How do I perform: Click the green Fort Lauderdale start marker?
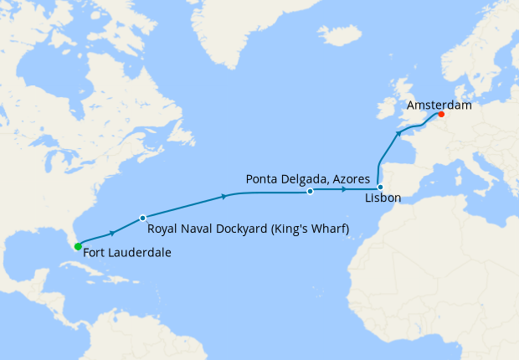click(x=77, y=246)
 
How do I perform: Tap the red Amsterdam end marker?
click(x=441, y=115)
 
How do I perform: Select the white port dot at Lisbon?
click(x=380, y=187)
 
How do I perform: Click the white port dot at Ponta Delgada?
click(x=310, y=192)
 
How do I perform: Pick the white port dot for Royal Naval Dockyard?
click(x=142, y=217)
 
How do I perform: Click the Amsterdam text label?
click(x=439, y=106)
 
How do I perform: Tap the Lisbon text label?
click(x=383, y=198)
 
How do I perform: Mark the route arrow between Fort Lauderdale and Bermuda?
click(x=111, y=233)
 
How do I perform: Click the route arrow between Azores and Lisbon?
click(x=344, y=190)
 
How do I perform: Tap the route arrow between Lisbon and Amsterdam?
click(x=399, y=133)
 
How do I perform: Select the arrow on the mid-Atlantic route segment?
click(x=224, y=197)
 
